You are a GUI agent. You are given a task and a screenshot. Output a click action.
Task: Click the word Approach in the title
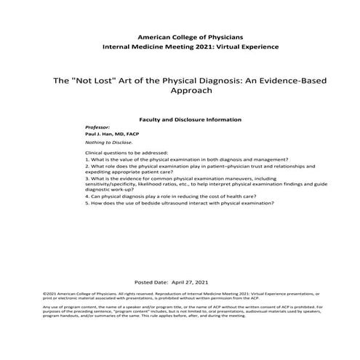(180, 92)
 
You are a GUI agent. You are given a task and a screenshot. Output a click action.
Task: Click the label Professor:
(97, 127)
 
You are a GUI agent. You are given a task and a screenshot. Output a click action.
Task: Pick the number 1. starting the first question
(87, 160)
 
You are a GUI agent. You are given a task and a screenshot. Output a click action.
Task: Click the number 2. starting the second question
(87, 167)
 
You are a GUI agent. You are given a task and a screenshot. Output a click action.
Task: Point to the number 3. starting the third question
(87, 178)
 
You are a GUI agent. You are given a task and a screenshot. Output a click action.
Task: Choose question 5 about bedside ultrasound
(180, 203)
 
